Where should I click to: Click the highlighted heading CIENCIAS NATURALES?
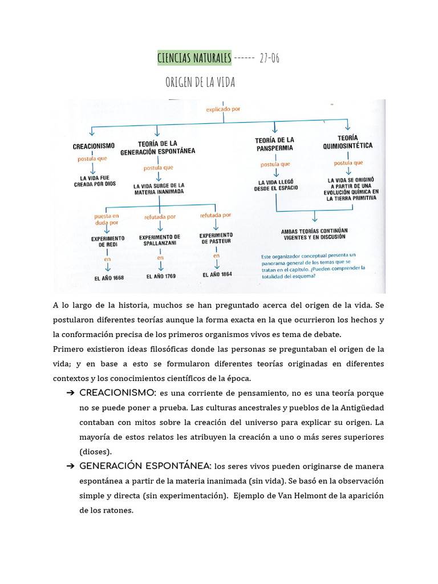pyautogui.click(x=194, y=58)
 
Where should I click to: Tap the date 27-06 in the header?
pyautogui.click(x=269, y=58)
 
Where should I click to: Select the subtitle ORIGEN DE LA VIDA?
pyautogui.click(x=200, y=83)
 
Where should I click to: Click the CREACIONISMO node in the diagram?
pyautogui.click(x=94, y=146)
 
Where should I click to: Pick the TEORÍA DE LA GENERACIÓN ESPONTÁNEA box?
pyautogui.click(x=157, y=147)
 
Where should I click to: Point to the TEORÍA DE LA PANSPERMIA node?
pyautogui.click(x=274, y=144)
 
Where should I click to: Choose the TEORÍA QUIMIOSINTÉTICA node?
pyautogui.click(x=347, y=142)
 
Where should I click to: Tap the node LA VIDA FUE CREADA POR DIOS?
pyautogui.click(x=94, y=181)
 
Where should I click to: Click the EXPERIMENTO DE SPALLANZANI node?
pyautogui.click(x=160, y=240)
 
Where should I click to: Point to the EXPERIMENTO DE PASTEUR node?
pyautogui.click(x=216, y=238)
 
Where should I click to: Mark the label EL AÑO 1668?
pyautogui.click(x=109, y=278)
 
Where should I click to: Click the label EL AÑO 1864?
pyautogui.click(x=217, y=274)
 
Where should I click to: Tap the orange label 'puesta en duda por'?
pyautogui.click(x=107, y=220)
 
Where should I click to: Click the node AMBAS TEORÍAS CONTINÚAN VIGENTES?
pyautogui.click(x=315, y=234)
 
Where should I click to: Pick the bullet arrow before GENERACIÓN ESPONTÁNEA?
pyautogui.click(x=71, y=466)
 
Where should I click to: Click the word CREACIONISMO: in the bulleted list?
pyautogui.click(x=118, y=393)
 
